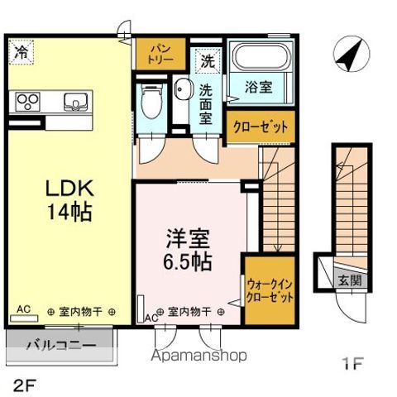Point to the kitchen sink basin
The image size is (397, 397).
[x=75, y=103]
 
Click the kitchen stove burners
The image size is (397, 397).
[x=26, y=103]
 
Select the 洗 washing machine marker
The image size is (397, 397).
[x=207, y=60]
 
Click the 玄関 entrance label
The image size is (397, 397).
[x=348, y=280]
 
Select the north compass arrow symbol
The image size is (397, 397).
[x=350, y=55]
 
